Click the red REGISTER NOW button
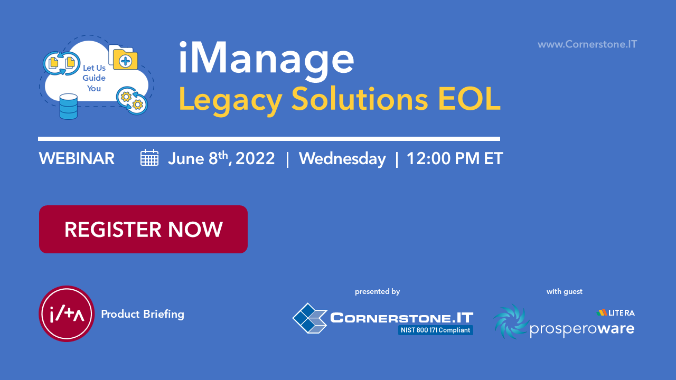point(143,229)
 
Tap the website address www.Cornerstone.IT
point(587,44)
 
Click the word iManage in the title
point(267,59)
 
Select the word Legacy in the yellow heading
point(230,100)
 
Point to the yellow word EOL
point(470,99)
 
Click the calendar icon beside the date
point(149,157)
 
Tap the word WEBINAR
point(77,158)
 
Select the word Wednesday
point(342,159)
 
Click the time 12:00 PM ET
point(455,158)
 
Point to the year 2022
point(255,158)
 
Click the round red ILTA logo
point(67,313)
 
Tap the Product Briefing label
point(143,314)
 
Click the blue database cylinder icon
point(69,107)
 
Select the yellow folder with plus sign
point(125,60)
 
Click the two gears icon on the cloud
point(132,100)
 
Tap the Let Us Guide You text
point(94,78)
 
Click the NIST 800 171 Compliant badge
point(436,330)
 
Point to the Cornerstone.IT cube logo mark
point(310,318)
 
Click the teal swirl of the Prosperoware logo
point(511,321)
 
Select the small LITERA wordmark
point(616,313)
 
